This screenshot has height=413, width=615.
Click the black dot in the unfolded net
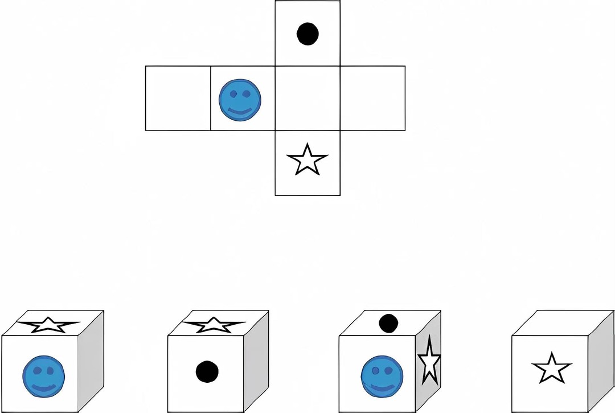coord(307,34)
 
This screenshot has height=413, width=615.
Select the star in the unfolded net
coord(307,161)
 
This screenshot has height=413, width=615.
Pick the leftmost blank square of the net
coord(178,99)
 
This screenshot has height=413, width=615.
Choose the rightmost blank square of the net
coord(372,99)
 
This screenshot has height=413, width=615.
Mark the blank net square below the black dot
coord(307,99)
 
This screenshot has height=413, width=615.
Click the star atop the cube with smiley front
coord(48,325)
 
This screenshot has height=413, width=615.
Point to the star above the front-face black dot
coord(214,325)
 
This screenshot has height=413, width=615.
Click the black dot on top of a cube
coord(388,323)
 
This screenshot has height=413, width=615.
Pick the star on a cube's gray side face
coord(429,360)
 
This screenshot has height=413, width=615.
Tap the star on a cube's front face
coord(551,368)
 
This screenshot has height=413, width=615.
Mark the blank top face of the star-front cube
coord(561,323)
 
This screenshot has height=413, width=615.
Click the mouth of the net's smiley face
coord(240,111)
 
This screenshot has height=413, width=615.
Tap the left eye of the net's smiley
coord(232,93)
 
